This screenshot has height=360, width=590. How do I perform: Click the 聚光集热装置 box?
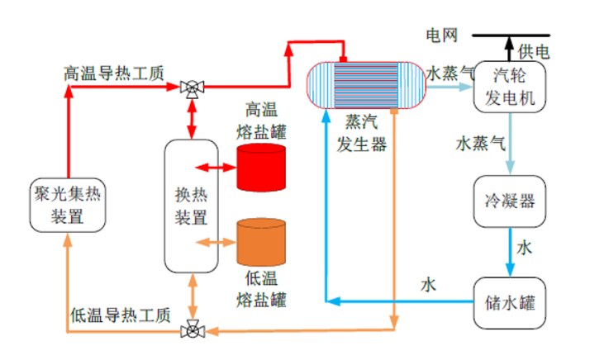(x=67, y=206)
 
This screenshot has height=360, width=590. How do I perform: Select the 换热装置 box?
(x=192, y=206)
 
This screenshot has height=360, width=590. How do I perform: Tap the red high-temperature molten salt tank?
(x=261, y=167)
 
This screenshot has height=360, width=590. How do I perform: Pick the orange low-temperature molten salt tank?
(x=261, y=241)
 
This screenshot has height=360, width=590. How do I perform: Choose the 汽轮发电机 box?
(x=510, y=88)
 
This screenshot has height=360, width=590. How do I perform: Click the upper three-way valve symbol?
(x=193, y=87)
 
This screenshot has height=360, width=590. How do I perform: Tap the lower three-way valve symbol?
(x=193, y=331)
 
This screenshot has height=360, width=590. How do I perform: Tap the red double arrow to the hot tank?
(x=219, y=167)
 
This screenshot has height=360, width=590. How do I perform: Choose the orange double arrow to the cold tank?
(x=219, y=241)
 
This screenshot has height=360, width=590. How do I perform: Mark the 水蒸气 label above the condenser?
(x=481, y=143)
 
